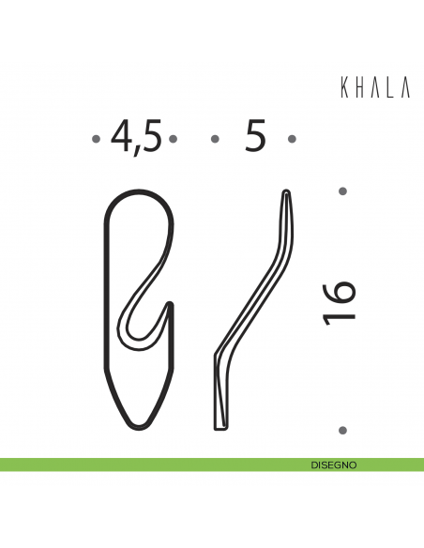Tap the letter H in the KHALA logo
[358, 87]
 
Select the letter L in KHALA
[391, 87]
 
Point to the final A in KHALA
[406, 87]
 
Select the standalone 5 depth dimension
[253, 137]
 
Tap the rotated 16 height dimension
[339, 301]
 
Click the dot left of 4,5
[97, 140]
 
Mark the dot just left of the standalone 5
[215, 140]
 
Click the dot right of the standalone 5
[292, 140]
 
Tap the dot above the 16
[342, 190]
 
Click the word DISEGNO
[333, 464]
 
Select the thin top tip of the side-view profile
[287, 193]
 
